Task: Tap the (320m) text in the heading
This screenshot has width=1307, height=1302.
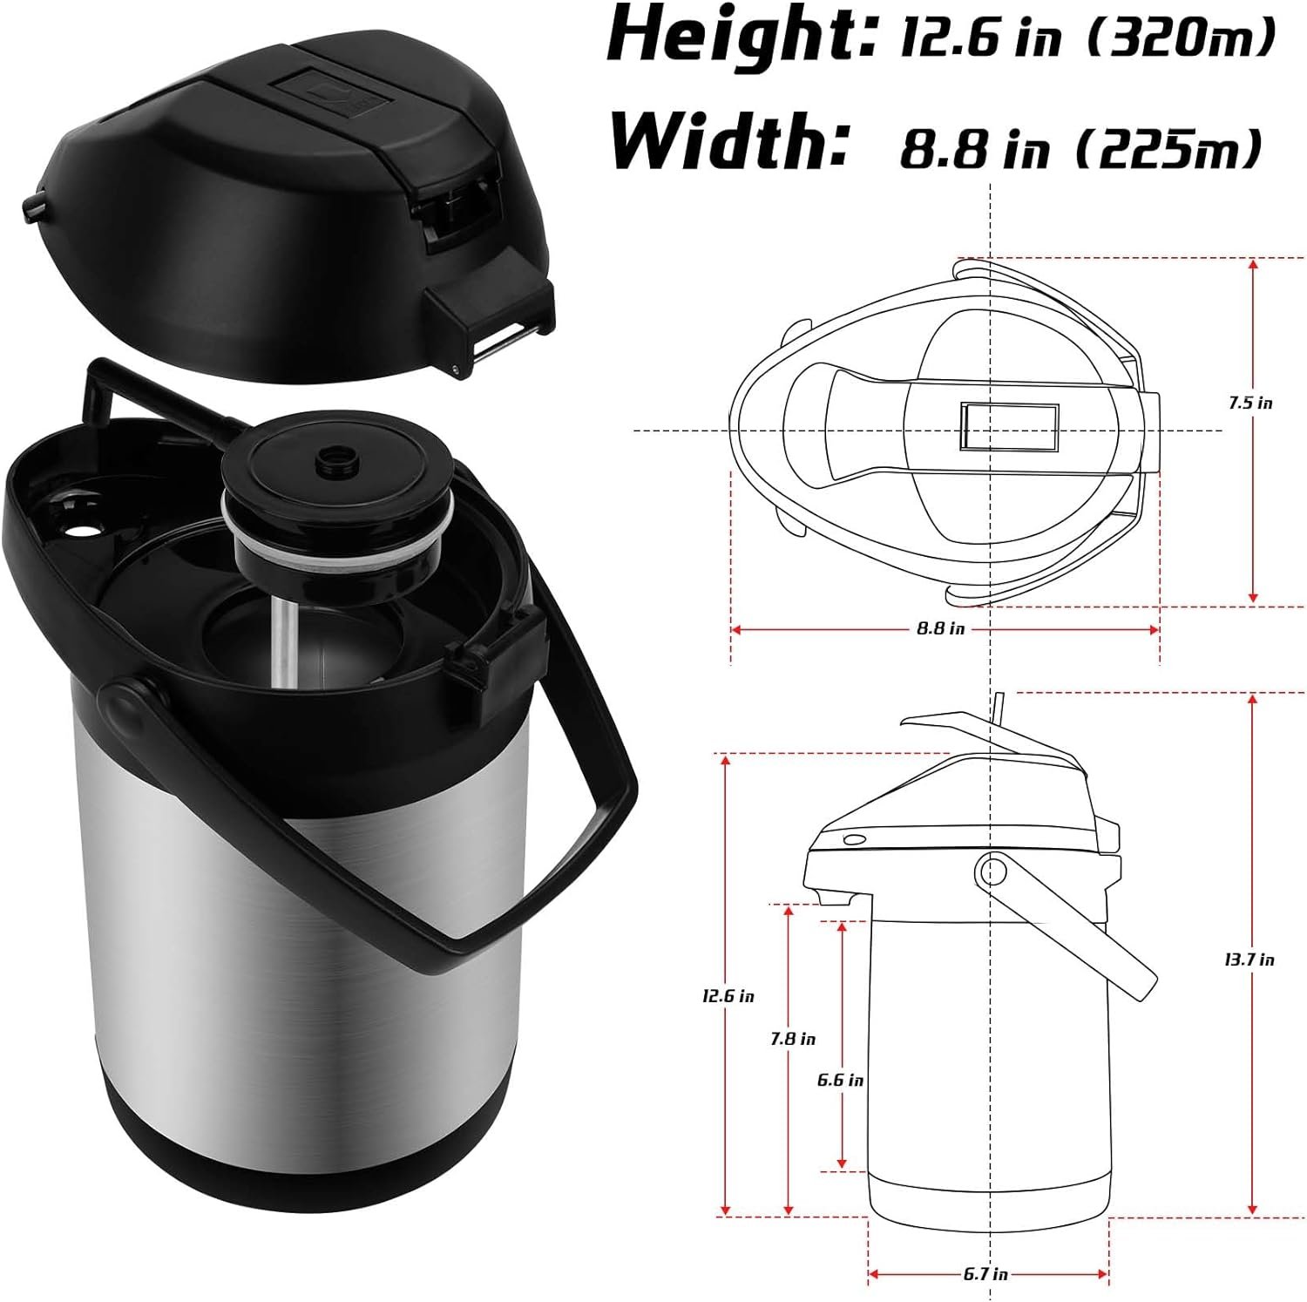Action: coord(1182,38)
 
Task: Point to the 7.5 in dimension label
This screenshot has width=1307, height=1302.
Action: coord(1250,403)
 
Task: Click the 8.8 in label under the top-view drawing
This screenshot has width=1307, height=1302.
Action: coord(940,627)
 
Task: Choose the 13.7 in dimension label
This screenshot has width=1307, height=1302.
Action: coord(1249,960)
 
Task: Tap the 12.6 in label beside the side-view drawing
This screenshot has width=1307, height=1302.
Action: coord(728,995)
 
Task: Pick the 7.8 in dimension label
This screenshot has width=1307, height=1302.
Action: coord(793,1039)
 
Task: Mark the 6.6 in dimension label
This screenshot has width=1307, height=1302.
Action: coord(840,1080)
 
